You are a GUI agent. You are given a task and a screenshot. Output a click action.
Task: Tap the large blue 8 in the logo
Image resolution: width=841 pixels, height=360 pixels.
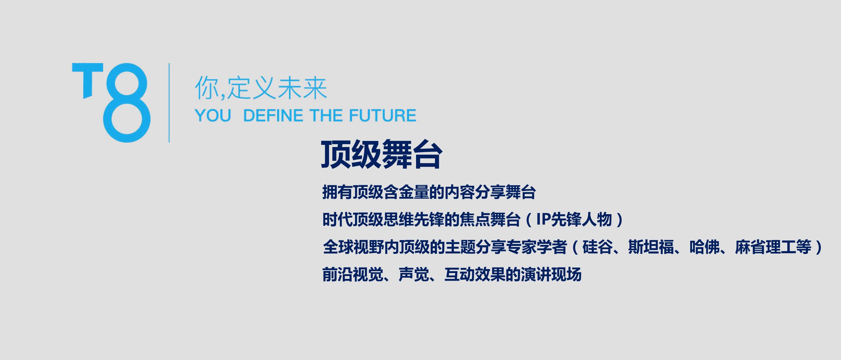pyautogui.click(x=127, y=103)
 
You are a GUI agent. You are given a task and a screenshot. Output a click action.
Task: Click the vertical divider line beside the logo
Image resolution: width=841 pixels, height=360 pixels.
pyautogui.click(x=169, y=103)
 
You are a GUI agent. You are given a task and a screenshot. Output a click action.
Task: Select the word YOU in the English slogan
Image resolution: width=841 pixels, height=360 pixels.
pyautogui.click(x=213, y=116)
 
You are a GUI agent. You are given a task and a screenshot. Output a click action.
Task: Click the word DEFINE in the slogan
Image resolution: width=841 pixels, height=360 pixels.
pyautogui.click(x=273, y=116)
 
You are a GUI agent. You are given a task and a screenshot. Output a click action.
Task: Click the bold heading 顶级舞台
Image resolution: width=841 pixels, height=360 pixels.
pyautogui.click(x=382, y=154)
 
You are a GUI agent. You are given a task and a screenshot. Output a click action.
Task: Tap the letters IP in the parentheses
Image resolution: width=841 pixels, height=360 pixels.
pyautogui.click(x=544, y=219)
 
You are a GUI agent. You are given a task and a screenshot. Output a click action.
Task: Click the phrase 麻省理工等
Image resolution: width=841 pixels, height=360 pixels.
pyautogui.click(x=774, y=247)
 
